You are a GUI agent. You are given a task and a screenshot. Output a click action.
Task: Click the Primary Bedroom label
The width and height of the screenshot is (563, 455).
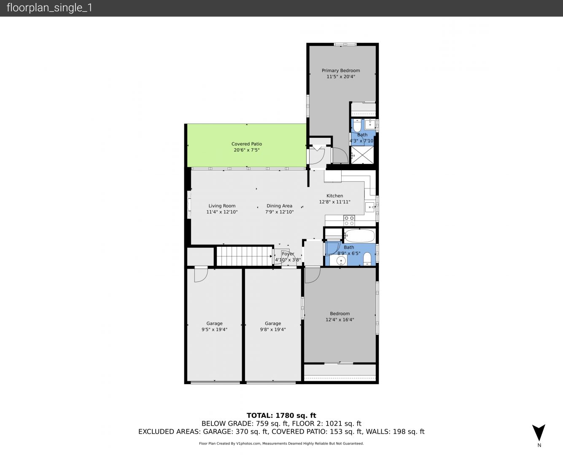[341, 70]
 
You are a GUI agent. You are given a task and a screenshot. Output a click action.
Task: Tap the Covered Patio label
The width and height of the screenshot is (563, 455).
[247, 144]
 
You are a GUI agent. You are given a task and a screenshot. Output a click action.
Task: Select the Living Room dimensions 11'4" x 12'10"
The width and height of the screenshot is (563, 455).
[222, 212]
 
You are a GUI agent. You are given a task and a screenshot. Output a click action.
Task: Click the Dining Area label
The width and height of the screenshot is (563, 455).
[279, 206]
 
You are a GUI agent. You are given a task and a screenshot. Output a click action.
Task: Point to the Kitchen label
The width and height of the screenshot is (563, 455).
[334, 195]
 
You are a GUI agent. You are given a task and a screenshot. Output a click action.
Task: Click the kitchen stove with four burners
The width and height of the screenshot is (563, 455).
[349, 220]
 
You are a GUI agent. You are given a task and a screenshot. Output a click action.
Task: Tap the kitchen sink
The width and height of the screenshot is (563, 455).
[370, 207]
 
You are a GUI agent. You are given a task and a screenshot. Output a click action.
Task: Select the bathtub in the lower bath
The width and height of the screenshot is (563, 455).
[359, 236]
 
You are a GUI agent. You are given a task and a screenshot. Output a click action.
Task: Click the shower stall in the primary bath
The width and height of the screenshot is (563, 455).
[362, 155]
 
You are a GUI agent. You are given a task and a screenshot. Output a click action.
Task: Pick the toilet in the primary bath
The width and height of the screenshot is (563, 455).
[357, 126]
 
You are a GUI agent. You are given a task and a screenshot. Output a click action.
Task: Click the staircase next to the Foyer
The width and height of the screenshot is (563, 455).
[245, 256]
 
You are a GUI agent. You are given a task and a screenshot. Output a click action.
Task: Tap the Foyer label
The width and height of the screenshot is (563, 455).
[288, 254]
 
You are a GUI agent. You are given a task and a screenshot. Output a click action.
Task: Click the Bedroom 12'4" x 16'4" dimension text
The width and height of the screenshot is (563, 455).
[339, 319]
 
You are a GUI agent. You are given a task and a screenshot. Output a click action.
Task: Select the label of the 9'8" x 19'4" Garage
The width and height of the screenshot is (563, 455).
[273, 323]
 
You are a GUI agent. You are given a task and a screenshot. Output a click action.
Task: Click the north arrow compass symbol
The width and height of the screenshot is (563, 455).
[539, 433]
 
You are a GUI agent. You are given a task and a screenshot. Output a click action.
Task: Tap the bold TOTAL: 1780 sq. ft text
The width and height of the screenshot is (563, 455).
[281, 415]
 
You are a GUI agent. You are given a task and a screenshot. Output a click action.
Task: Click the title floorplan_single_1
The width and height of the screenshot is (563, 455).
[49, 8]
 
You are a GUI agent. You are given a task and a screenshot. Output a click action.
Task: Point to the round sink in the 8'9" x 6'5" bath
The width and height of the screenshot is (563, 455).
[341, 261]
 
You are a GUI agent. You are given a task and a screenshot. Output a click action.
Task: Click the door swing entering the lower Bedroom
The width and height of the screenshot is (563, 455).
[312, 275]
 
